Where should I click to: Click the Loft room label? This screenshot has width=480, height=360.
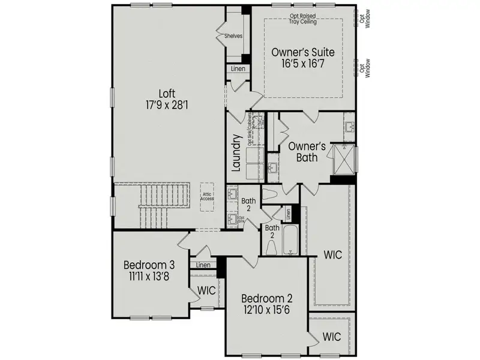click(x=167, y=94)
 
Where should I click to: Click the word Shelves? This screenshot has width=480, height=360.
click(x=233, y=36)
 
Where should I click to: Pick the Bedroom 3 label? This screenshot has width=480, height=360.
click(x=150, y=265)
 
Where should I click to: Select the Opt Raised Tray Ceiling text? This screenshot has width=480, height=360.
click(x=304, y=19)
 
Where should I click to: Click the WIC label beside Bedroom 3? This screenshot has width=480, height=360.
click(x=206, y=290)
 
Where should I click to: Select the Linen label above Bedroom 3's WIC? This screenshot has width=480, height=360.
click(x=203, y=265)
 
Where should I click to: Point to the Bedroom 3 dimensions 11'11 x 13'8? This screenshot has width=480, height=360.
click(x=150, y=278)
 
